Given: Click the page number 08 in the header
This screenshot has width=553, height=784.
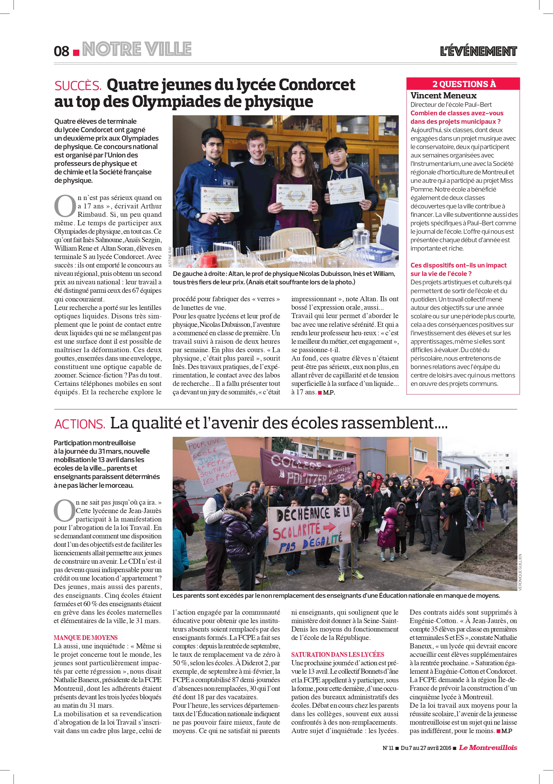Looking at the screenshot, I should pyautogui.click(x=62, y=51).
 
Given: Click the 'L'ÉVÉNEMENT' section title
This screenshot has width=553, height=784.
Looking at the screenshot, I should pyautogui.click(x=478, y=51).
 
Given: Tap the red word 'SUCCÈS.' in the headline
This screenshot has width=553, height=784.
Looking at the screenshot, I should pyautogui.click(x=78, y=86).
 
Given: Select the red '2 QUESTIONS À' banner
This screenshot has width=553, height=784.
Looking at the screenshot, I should pyautogui.click(x=463, y=84).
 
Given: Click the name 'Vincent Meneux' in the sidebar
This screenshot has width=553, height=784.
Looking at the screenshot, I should pyautogui.click(x=443, y=96).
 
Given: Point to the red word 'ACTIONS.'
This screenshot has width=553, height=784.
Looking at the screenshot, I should pyautogui.click(x=80, y=424).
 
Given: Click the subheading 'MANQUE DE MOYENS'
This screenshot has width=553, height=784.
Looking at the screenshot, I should pyautogui.click(x=86, y=637).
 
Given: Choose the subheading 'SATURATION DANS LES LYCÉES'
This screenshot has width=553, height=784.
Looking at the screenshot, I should pyautogui.click(x=338, y=654).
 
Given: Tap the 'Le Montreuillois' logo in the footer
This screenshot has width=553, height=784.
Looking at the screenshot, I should pyautogui.click(x=488, y=747).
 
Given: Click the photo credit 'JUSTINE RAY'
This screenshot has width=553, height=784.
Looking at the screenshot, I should pyautogui.click(x=170, y=257).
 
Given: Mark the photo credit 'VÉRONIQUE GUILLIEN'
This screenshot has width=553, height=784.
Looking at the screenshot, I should pyautogui.click(x=520, y=572).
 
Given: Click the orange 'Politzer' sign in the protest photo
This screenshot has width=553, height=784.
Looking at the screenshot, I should pyautogui.click(x=434, y=472).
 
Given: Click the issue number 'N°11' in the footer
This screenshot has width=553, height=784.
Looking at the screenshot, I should pyautogui.click(x=388, y=748).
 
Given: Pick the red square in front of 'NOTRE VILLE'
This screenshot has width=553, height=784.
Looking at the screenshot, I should pyautogui.click(x=77, y=52).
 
